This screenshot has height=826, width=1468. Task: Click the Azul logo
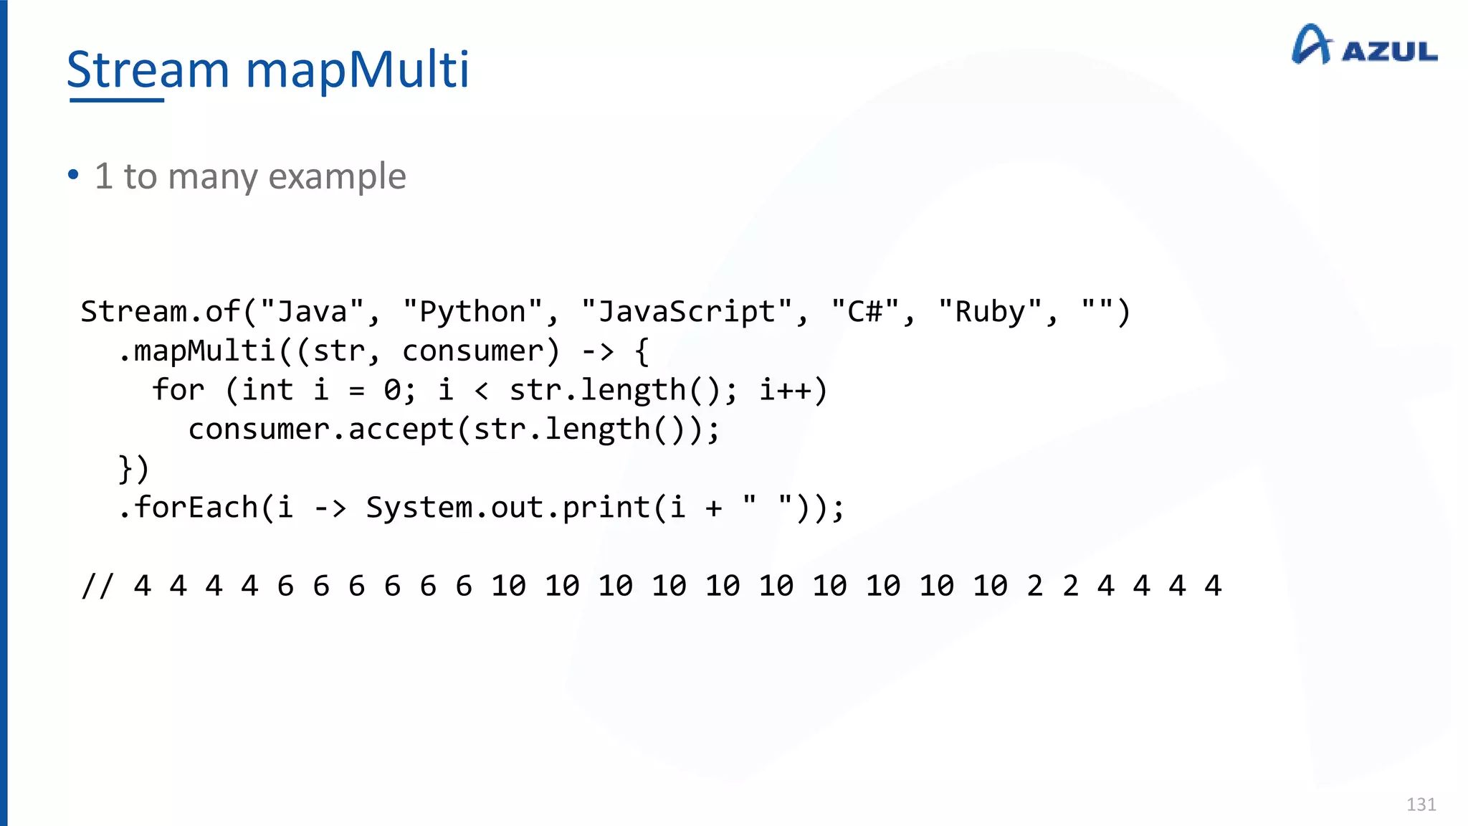coord(1364,46)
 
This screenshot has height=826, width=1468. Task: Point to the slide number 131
coord(1421,804)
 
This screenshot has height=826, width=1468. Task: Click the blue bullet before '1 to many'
coord(73,174)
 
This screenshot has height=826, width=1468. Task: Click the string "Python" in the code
coord(472,312)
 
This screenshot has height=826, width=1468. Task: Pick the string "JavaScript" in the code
coord(687,312)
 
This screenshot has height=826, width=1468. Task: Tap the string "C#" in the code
coord(865,312)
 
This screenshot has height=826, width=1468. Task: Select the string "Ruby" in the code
coord(990,312)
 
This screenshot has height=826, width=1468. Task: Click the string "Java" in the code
coord(312,312)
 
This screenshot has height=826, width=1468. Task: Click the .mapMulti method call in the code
coord(197,351)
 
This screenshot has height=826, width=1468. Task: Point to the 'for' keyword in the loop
coord(178,390)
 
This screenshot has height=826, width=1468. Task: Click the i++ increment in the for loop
coord(785,390)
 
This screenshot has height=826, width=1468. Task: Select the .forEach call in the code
coord(188,508)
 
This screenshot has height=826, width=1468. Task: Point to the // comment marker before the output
coord(97,586)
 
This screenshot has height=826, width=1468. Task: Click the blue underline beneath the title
coord(117,100)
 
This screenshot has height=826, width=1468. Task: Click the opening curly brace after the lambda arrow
coord(642,351)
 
